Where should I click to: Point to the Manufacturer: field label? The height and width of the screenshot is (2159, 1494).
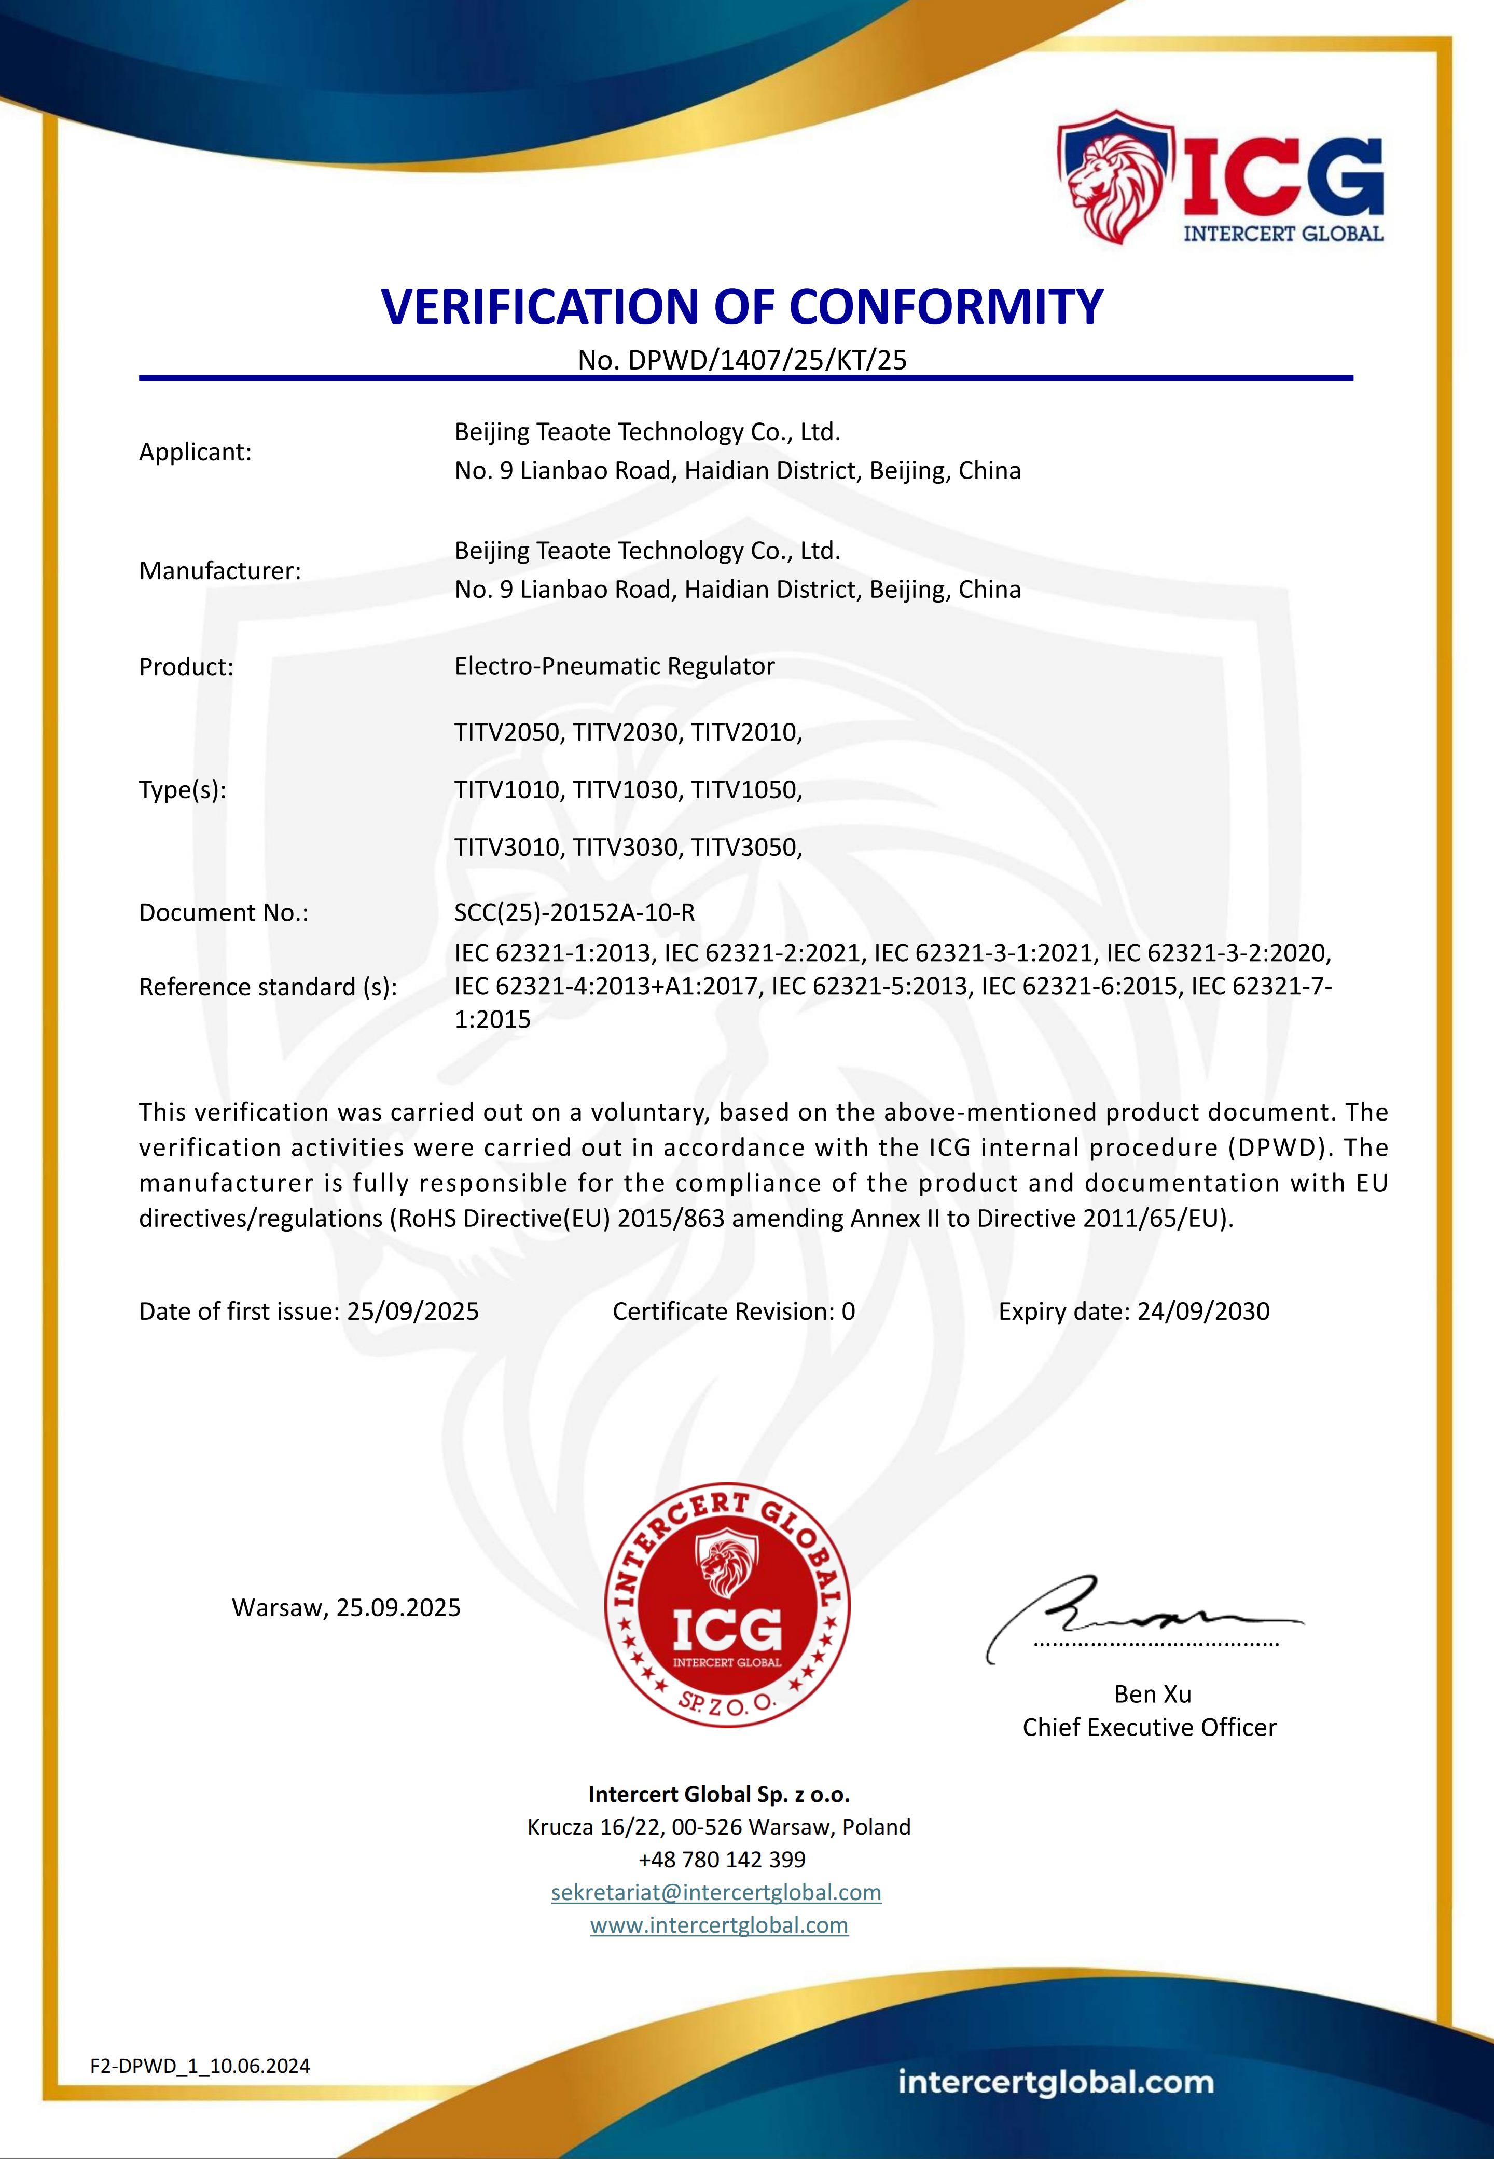pyautogui.click(x=220, y=571)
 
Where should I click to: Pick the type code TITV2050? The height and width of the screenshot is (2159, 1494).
pyautogui.click(x=509, y=732)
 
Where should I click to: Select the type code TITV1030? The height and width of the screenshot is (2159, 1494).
pyautogui.click(x=625, y=790)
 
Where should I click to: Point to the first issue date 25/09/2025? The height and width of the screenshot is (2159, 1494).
pyautogui.click(x=413, y=1311)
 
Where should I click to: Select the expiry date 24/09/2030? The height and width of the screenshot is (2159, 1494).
pyautogui.click(x=1203, y=1311)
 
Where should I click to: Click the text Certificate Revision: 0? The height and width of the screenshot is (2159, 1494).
pyautogui.click(x=733, y=1311)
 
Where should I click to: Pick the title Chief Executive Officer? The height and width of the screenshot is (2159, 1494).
pyautogui.click(x=1149, y=1727)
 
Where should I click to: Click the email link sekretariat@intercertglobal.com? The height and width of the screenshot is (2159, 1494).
pyautogui.click(x=716, y=1892)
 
